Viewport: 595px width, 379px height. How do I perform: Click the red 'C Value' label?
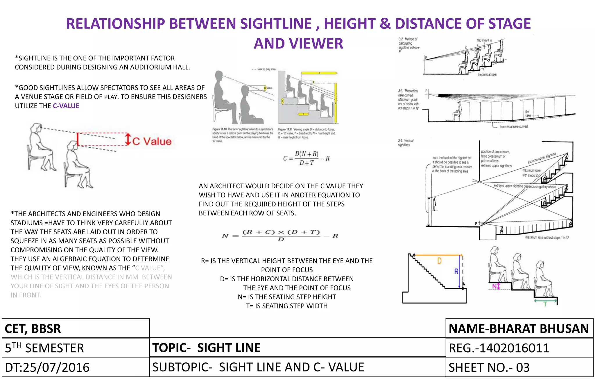pos(152,141)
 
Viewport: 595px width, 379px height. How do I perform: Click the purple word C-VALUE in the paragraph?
pos(66,106)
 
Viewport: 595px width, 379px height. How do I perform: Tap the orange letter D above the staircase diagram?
pos(439,261)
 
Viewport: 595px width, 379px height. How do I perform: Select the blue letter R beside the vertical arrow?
pos(456,271)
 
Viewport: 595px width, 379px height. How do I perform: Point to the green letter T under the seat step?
pos(545,304)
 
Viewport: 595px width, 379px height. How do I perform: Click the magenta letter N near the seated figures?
pos(494,287)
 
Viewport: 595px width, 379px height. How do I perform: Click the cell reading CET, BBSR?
pos(33,329)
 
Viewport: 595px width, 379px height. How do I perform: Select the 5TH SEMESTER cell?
pos(44,348)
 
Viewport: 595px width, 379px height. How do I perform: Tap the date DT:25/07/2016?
pos(47,367)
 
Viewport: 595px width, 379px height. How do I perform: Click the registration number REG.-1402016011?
pos(499,348)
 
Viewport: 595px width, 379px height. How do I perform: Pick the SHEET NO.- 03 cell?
pos(489,367)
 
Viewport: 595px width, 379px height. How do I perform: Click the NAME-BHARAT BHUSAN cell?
pos(519,329)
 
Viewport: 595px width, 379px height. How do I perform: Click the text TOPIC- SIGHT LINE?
pos(206,348)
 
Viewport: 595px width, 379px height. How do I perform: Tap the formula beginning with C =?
pos(307,158)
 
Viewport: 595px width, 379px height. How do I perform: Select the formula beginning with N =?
pos(280,235)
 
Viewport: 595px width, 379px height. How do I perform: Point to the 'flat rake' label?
pos(527,114)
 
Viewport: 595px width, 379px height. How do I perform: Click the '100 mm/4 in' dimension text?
pos(484,40)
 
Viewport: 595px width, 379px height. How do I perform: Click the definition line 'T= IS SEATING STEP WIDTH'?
pos(287,306)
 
